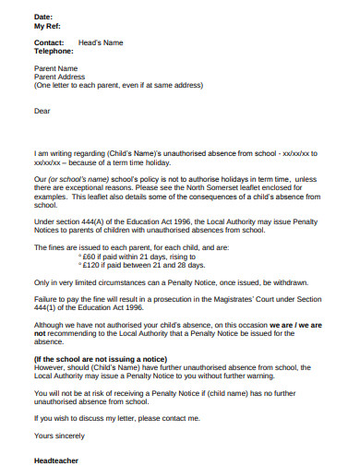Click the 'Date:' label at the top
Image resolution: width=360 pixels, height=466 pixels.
pos(43,18)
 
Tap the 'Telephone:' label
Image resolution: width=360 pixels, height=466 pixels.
pos(53,52)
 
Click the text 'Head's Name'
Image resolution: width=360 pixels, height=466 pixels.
pos(101,42)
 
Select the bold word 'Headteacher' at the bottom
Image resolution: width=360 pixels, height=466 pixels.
pos(56,460)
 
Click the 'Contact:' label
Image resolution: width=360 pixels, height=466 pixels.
pos(49,42)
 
